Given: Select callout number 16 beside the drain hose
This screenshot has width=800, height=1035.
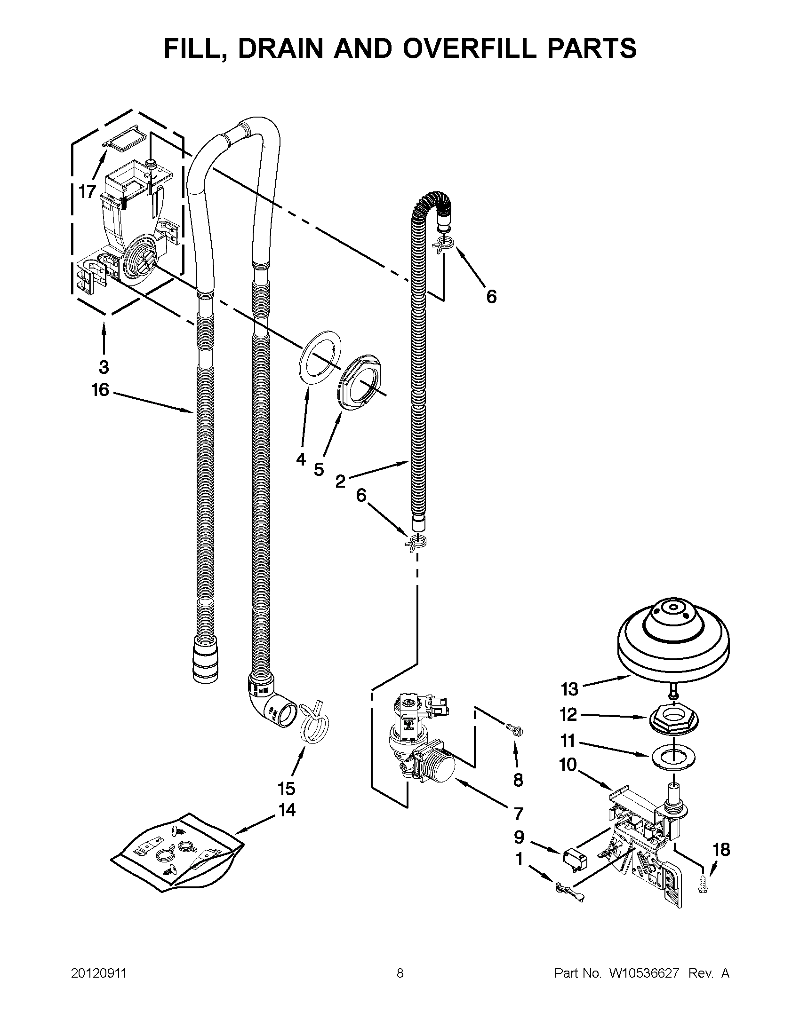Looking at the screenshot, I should pos(101,390).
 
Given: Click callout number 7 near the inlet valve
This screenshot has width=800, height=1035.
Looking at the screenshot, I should pos(518,813).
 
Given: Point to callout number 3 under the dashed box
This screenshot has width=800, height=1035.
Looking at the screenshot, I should pos(104,367).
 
